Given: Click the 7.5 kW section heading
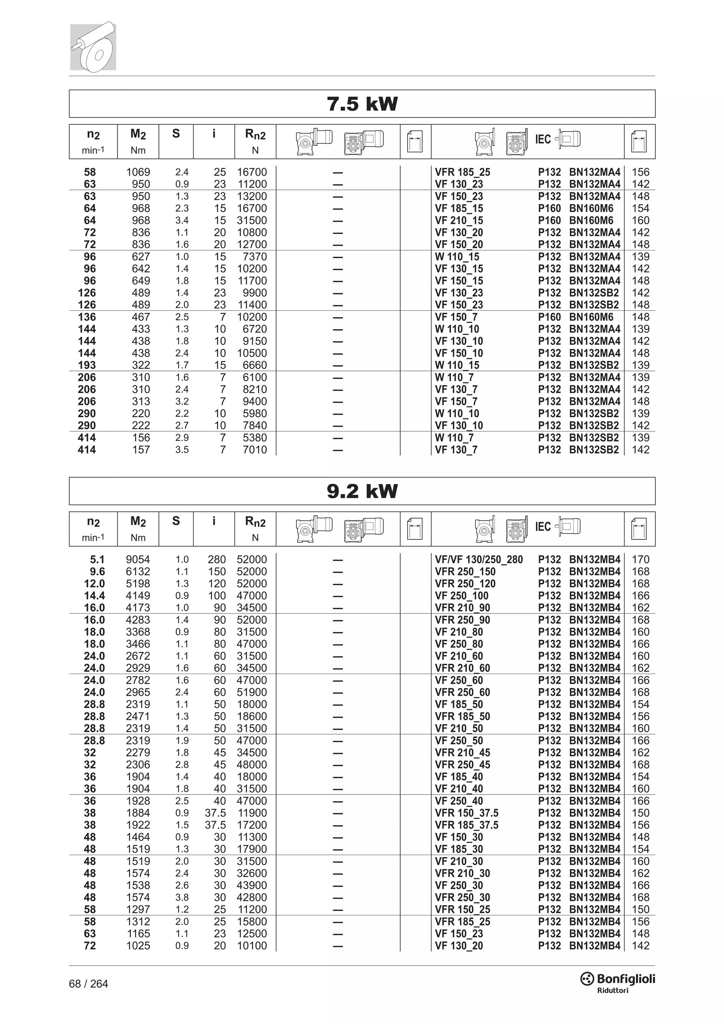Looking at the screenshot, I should click(362, 104).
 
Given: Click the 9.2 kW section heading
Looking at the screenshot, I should click(362, 491).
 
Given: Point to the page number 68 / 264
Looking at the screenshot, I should click(89, 984).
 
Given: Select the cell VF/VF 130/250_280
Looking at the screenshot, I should click(479, 559).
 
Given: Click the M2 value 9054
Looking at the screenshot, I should click(138, 559).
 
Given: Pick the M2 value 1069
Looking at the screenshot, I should click(138, 172).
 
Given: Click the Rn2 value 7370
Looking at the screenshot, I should click(255, 256).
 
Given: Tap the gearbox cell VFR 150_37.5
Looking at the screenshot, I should click(466, 813).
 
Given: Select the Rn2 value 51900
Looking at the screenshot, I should click(252, 692).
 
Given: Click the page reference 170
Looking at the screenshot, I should click(641, 559).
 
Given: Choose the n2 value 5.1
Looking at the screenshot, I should click(97, 559).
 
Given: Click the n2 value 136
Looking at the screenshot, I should click(87, 317).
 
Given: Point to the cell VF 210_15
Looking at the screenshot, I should click(459, 220).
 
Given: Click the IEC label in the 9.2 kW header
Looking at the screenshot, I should click(543, 527).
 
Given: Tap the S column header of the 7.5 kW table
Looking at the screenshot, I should click(176, 134).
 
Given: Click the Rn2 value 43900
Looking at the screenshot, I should click(252, 885).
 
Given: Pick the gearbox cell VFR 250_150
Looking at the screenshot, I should click(465, 571).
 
